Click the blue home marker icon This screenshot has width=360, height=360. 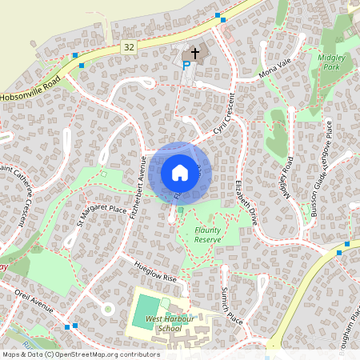click(x=180, y=172)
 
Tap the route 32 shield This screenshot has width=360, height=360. click(x=129, y=48)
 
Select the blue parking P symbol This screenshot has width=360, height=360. click(x=186, y=66)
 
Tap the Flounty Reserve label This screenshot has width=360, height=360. click(x=212, y=234)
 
